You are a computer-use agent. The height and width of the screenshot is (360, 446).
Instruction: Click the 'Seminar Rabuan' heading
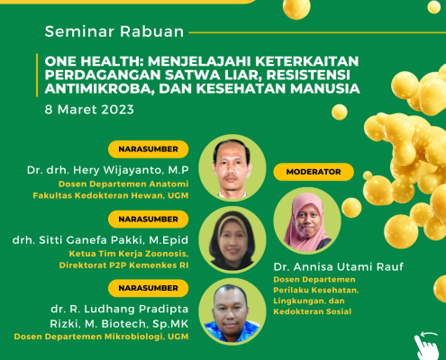coord(114,31)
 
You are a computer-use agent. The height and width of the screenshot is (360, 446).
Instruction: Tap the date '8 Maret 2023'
coord(89,110)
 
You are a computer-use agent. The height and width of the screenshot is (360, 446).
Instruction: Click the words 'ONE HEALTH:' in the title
coord(94,61)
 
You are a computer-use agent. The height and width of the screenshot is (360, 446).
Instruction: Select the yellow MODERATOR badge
coord(314,172)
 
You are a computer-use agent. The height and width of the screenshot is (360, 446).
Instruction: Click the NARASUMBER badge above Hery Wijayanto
coord(149,149)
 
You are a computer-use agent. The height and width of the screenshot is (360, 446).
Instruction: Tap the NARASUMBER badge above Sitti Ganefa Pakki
coord(149,219)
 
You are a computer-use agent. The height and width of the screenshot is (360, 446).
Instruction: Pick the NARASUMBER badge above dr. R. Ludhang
coord(149,288)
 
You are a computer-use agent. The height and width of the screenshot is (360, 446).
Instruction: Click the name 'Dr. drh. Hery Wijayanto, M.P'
coord(108,170)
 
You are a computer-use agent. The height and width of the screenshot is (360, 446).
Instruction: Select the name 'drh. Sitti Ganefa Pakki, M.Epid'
coord(100,240)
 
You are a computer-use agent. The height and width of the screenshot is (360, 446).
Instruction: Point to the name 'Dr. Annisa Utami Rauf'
coord(339,266)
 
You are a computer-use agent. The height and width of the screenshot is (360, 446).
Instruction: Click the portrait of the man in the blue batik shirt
coord(232,311)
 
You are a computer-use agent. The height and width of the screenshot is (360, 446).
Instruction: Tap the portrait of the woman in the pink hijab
coord(307,221)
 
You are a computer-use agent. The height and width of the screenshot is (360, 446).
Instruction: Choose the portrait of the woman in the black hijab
coord(232,240)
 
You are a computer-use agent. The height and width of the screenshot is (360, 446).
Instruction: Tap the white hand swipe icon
coord(427,346)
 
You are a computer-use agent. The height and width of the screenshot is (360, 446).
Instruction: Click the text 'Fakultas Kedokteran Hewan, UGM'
coord(111,195)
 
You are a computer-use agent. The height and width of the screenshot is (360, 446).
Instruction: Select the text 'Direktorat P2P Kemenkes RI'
coord(123,265)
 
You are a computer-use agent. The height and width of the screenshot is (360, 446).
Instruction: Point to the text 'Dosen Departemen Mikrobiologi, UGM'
coord(101,337)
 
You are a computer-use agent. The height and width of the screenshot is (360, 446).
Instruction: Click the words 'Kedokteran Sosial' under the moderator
coord(313,311)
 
